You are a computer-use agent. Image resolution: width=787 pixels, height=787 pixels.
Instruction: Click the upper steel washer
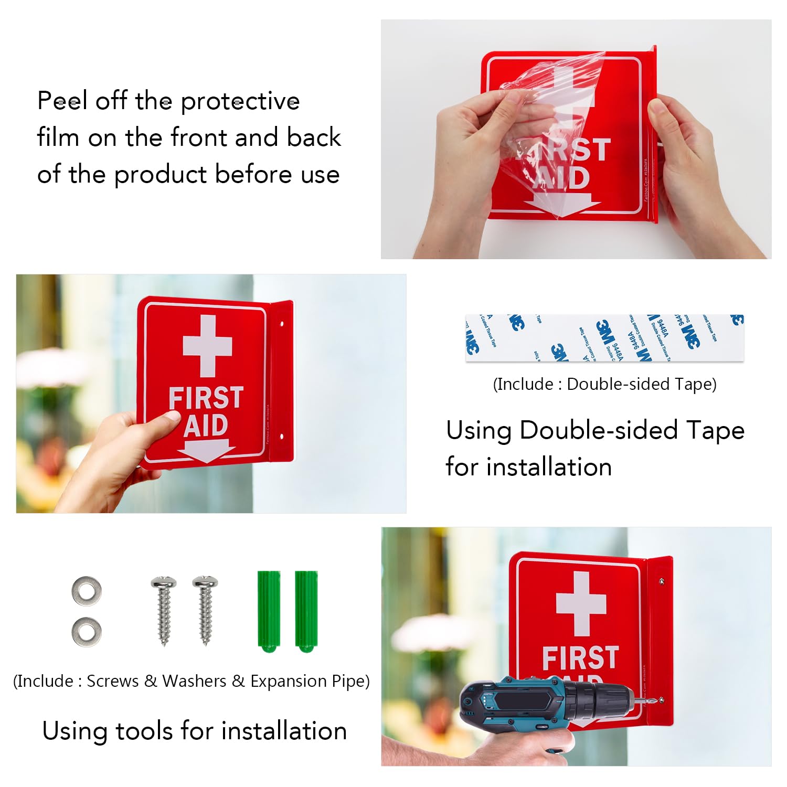click(x=87, y=591)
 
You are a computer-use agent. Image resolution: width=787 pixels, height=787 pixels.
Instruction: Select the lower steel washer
click(x=87, y=631)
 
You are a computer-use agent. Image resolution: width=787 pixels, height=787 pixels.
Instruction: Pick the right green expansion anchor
click(x=306, y=611)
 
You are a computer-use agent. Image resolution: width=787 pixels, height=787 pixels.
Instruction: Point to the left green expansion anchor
click(x=269, y=611)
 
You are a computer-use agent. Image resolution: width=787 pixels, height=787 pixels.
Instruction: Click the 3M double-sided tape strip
click(x=604, y=338)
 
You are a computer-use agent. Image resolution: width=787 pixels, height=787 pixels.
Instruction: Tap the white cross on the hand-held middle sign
click(x=208, y=346)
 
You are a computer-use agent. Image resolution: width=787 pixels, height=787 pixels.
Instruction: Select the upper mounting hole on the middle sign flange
click(x=282, y=324)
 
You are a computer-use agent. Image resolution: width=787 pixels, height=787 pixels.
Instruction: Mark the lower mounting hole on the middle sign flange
click(x=282, y=436)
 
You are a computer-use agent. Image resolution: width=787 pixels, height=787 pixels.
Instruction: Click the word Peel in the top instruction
click(x=62, y=100)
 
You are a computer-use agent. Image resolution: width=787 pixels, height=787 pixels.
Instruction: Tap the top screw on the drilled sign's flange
click(x=661, y=581)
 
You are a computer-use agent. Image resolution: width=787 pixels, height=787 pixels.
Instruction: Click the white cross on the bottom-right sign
click(x=581, y=603)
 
